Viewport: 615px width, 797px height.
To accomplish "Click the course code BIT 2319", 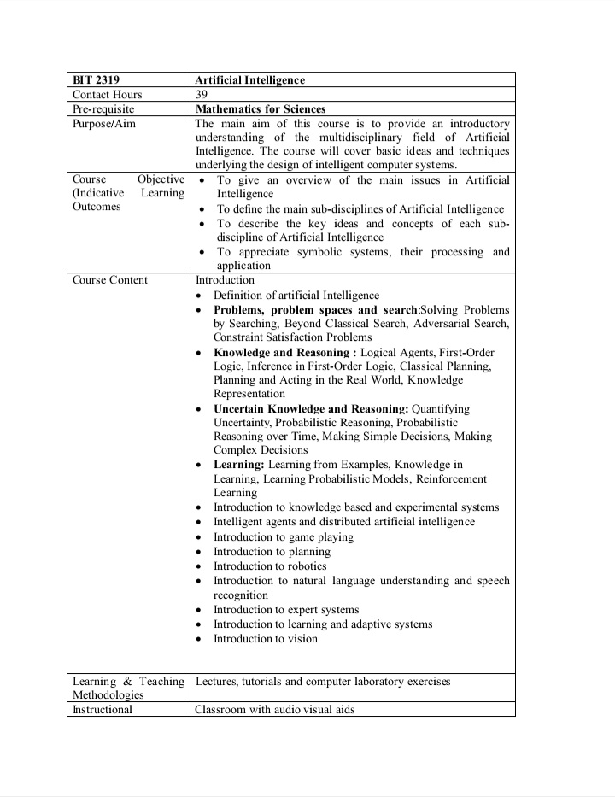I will coord(96,80).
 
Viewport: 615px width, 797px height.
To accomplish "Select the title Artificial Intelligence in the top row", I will coord(249,80).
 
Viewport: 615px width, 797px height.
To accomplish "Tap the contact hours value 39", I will coord(202,95).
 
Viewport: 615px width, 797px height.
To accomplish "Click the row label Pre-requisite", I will coord(103,109).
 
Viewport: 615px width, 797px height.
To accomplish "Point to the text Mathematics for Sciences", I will coord(261,109).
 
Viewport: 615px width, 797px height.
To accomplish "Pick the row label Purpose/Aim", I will coord(104,124).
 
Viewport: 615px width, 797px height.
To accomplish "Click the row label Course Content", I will coord(110,280).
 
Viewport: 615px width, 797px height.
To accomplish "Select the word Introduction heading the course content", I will coord(225,280).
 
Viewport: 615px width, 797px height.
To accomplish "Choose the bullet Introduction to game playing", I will coord(283,537).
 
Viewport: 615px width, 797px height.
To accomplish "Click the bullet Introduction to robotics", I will coord(270,566).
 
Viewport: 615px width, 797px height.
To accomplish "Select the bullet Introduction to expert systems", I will coord(286,610).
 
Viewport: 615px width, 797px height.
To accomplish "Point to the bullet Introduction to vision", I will coord(265,639).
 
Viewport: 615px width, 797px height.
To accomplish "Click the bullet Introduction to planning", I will coord(272,552).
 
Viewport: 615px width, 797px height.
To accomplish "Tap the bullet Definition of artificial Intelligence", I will coord(296,296).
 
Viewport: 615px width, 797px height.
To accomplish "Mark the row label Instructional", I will coord(102,710).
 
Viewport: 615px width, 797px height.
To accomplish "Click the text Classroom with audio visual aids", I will coord(274,710).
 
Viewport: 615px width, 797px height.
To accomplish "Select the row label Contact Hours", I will coord(108,95).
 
